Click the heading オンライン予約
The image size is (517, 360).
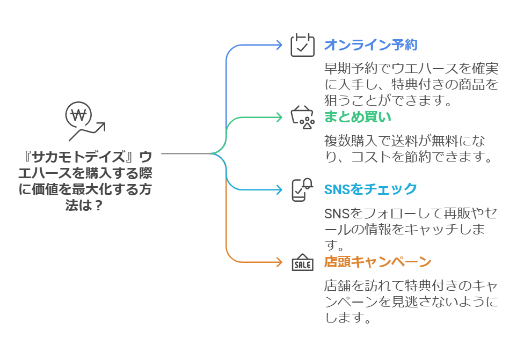pyautogui.click(x=370, y=45)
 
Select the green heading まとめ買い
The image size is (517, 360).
pyautogui.click(x=358, y=116)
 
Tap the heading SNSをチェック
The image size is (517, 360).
pyautogui.click(x=370, y=189)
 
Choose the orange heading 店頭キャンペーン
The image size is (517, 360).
pyautogui.click(x=377, y=262)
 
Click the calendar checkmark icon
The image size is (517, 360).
pyautogui.click(x=302, y=45)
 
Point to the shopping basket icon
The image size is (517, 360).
pyautogui.click(x=302, y=117)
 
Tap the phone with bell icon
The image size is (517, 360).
pyautogui.click(x=302, y=189)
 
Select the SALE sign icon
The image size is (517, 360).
pyautogui.click(x=302, y=262)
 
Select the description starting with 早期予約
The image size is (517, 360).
pyautogui.click(x=411, y=84)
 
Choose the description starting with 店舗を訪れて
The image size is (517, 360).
pyautogui.click(x=411, y=301)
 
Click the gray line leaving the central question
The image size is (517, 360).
pyautogui.click(x=185, y=153)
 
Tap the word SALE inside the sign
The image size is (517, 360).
pyautogui.click(x=302, y=265)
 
